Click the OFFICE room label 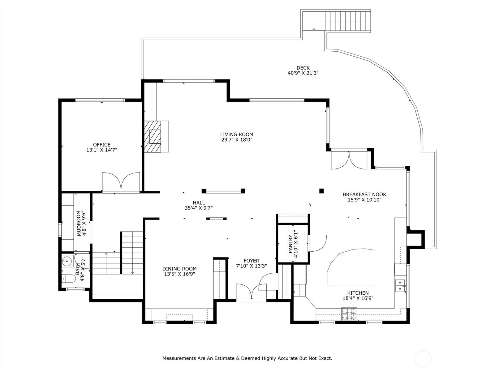(x=102, y=145)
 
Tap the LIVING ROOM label (x=237, y=134)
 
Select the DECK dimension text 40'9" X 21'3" (x=303, y=73)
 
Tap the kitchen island (x=351, y=267)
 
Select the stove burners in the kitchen (x=349, y=314)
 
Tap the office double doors (x=121, y=182)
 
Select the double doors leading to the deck (x=349, y=160)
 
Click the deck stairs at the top (x=348, y=21)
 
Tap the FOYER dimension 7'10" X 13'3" (x=252, y=266)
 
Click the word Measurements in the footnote (x=179, y=358)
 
